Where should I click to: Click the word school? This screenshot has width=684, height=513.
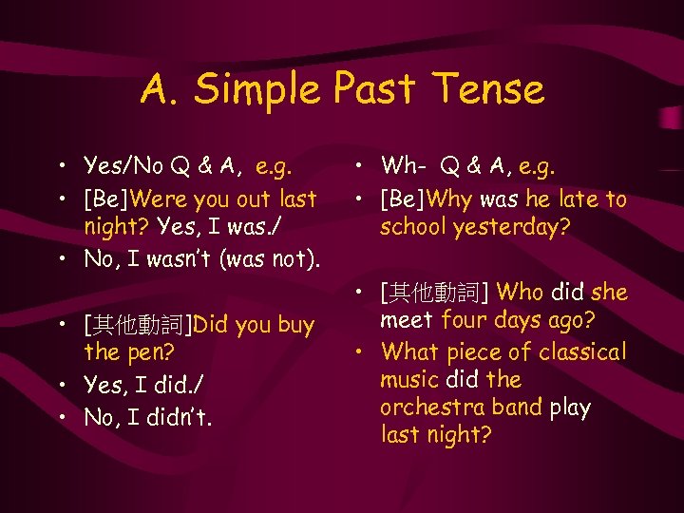point(416,228)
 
